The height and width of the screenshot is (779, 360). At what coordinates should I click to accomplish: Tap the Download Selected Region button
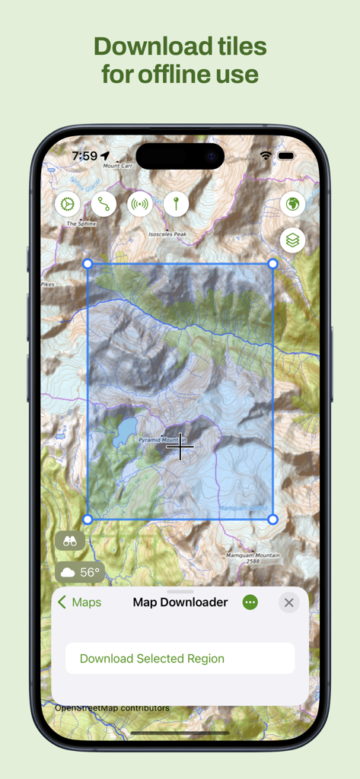point(180,658)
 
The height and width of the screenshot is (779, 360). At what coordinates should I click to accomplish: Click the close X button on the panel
point(288,603)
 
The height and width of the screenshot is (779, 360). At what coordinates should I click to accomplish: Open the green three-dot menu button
point(250,603)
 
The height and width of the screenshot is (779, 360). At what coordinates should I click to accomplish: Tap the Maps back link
point(80,603)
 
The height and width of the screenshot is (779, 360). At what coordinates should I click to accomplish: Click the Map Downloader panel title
point(180,603)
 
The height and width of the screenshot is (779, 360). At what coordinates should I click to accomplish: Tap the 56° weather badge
point(80,572)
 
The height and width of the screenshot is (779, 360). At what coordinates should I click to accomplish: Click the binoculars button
point(70,541)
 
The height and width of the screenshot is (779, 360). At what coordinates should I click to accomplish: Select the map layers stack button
point(293,240)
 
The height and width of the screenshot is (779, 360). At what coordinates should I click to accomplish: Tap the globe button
point(293,204)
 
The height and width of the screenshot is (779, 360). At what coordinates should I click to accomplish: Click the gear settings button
point(67,204)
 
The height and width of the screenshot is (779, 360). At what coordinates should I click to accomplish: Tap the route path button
point(104,204)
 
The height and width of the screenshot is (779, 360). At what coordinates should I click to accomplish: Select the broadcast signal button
point(140,204)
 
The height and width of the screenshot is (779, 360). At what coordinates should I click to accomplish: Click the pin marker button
point(176,204)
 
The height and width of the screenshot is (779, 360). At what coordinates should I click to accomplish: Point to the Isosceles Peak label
point(167,234)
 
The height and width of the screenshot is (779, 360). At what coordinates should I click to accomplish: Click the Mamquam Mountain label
point(253,555)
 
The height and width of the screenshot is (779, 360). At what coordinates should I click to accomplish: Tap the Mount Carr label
point(118,165)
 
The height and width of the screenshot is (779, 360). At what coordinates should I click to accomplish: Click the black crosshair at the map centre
point(180,447)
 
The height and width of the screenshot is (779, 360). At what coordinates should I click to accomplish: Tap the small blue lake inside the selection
point(125,429)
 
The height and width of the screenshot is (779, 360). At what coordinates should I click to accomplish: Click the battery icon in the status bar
point(286,156)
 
